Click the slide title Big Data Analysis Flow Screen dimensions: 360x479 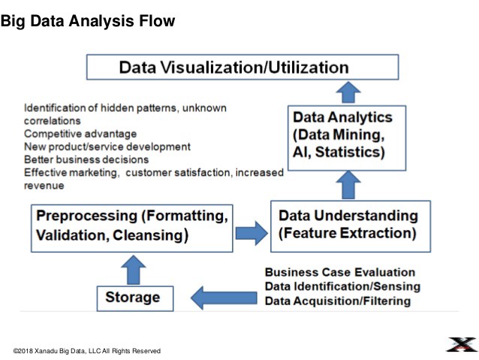[88, 21]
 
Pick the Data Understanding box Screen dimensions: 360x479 [350, 225]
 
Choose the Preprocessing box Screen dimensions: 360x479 [132, 225]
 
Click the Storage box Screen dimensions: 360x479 [132, 297]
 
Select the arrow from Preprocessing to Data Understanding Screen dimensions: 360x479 [252, 232]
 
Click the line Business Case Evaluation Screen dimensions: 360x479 [340, 272]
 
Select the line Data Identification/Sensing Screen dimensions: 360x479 [342, 286]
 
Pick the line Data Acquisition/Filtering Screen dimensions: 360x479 [338, 301]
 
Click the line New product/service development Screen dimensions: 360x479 [107, 146]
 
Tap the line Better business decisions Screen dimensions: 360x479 [86, 159]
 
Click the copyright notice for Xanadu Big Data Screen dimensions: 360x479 [87, 351]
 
